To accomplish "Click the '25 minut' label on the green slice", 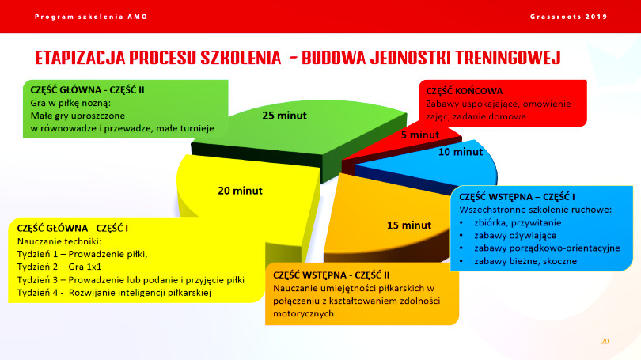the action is (284, 116).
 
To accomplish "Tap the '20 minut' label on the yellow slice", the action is (240, 191).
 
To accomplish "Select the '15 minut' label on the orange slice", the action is (409, 225).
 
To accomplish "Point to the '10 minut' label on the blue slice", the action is (461, 152).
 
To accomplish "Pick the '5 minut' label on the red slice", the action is (420, 135).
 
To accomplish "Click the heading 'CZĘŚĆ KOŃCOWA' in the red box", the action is (465, 91).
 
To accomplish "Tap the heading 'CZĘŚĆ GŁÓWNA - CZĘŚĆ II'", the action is (87, 90).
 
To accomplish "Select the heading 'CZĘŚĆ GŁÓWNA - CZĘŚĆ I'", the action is (72, 229).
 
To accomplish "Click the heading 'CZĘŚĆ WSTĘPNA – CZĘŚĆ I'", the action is (517, 197).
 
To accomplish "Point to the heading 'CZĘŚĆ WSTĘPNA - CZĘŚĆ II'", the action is (331, 275).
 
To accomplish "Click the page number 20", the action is (605, 341).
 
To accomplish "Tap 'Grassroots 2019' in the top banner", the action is (569, 17).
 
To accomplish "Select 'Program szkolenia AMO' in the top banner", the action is (91, 17).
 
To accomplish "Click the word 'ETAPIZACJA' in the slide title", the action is (80, 58).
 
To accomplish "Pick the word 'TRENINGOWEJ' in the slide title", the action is (508, 58).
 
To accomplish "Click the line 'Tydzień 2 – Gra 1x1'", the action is (59, 267).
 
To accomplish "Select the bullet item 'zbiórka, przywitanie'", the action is (518, 222).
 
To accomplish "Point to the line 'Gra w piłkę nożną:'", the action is (70, 103).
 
